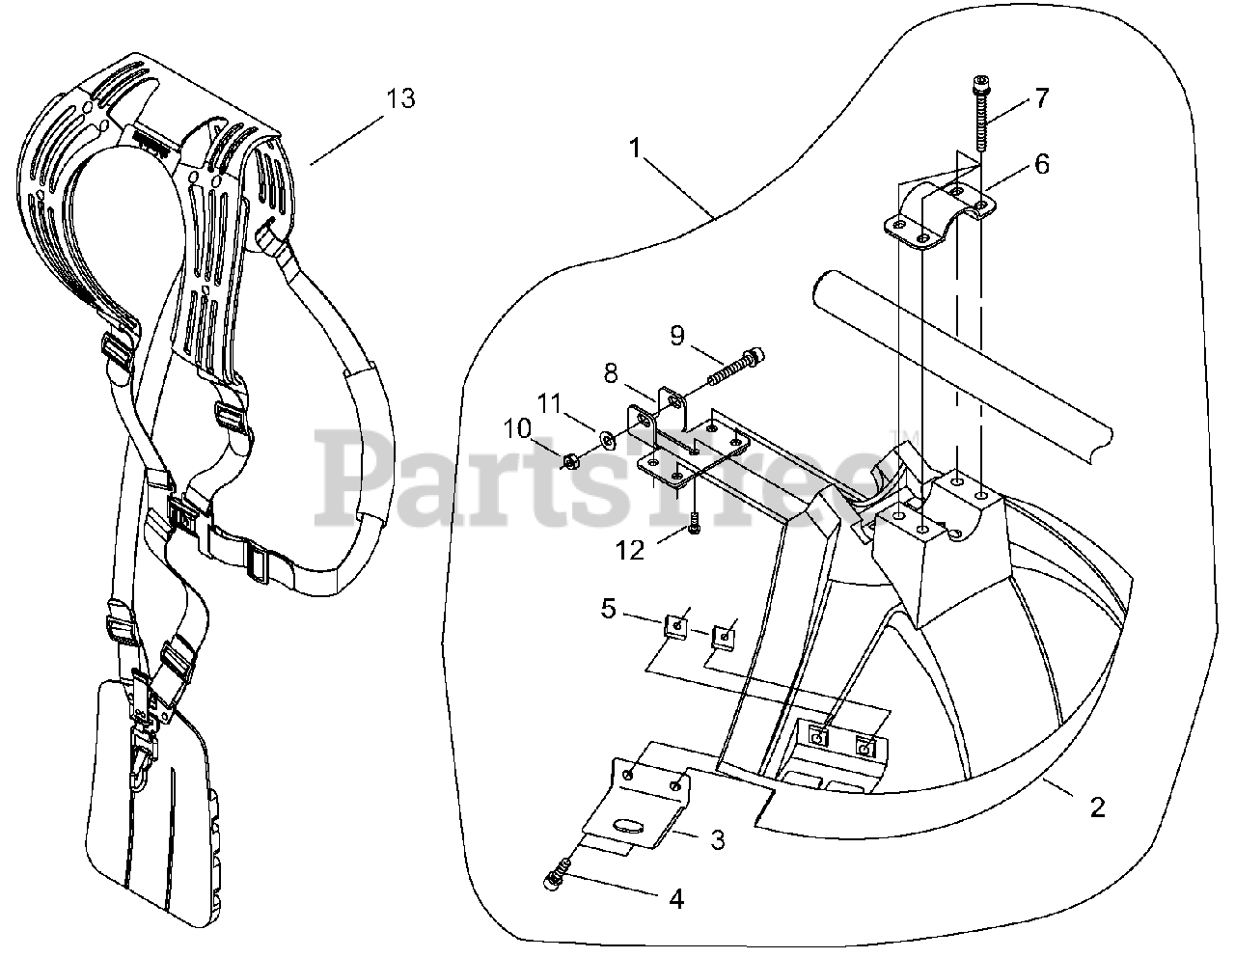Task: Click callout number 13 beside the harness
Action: pos(400,98)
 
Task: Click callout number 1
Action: pos(634,149)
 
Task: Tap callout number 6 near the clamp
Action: pos(1041,164)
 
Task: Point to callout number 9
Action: pos(676,335)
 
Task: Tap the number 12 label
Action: pos(631,549)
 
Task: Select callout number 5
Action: pos(608,610)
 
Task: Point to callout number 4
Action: pos(676,899)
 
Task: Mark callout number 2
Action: pos(1097,807)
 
